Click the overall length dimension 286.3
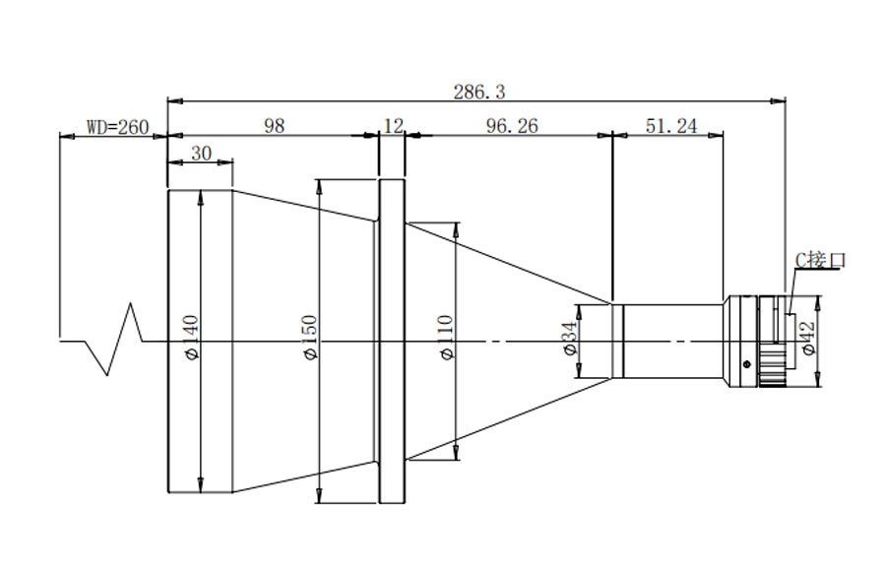[479, 92]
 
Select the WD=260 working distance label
[117, 127]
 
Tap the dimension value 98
[275, 125]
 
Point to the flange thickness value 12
[393, 125]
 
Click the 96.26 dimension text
[512, 125]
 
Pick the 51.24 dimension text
[671, 125]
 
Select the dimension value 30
[201, 154]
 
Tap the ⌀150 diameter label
[310, 338]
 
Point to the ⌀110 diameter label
[446, 338]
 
